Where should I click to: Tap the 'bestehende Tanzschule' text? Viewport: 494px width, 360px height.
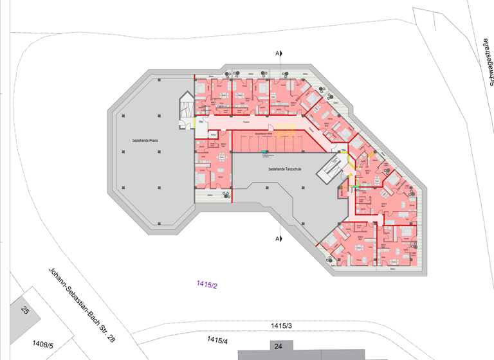coord(286,169)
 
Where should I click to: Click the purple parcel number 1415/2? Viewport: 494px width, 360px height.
coord(206,284)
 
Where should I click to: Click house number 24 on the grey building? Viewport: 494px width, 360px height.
coord(278,347)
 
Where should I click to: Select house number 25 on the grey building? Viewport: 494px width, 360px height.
coord(25,311)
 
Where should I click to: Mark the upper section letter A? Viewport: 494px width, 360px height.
coord(277,53)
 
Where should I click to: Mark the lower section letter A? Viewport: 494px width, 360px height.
coord(277,239)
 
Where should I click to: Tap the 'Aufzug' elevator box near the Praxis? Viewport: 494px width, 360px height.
coord(213,135)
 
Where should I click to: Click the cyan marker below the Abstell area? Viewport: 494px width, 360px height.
coord(264,152)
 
